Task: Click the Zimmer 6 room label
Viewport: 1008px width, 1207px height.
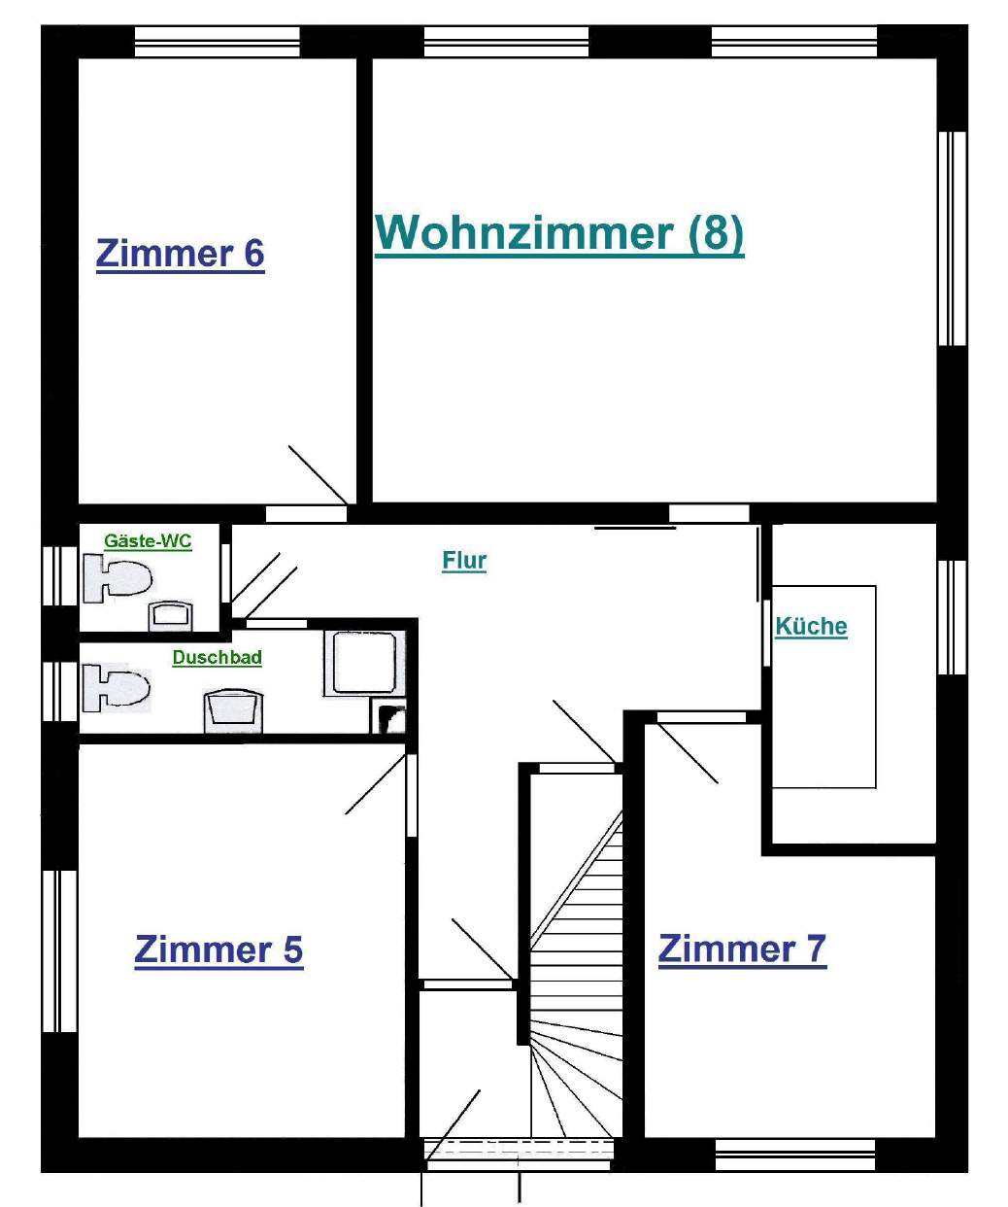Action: pyautogui.click(x=181, y=255)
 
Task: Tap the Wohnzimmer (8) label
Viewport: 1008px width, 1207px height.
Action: pyautogui.click(x=559, y=234)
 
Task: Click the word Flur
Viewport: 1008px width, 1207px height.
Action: pyautogui.click(x=464, y=561)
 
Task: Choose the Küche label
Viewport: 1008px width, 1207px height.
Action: pyautogui.click(x=811, y=627)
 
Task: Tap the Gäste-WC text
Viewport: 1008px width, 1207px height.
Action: pyautogui.click(x=148, y=541)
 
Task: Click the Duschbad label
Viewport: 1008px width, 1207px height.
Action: pyautogui.click(x=218, y=658)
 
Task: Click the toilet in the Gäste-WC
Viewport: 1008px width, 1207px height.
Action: pyautogui.click(x=118, y=578)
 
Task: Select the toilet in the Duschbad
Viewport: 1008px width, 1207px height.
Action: pyautogui.click(x=117, y=688)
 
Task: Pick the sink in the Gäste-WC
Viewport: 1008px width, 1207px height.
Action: pyautogui.click(x=170, y=616)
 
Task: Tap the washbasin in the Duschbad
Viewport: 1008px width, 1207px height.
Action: pyautogui.click(x=233, y=711)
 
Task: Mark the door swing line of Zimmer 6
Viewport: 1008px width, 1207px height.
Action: pyautogui.click(x=318, y=475)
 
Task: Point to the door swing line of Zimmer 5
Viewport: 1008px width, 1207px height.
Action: pyautogui.click(x=376, y=783)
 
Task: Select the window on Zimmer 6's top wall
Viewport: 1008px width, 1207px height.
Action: pyautogui.click(x=218, y=42)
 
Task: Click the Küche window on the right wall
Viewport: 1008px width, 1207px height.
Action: pyautogui.click(x=952, y=617)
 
